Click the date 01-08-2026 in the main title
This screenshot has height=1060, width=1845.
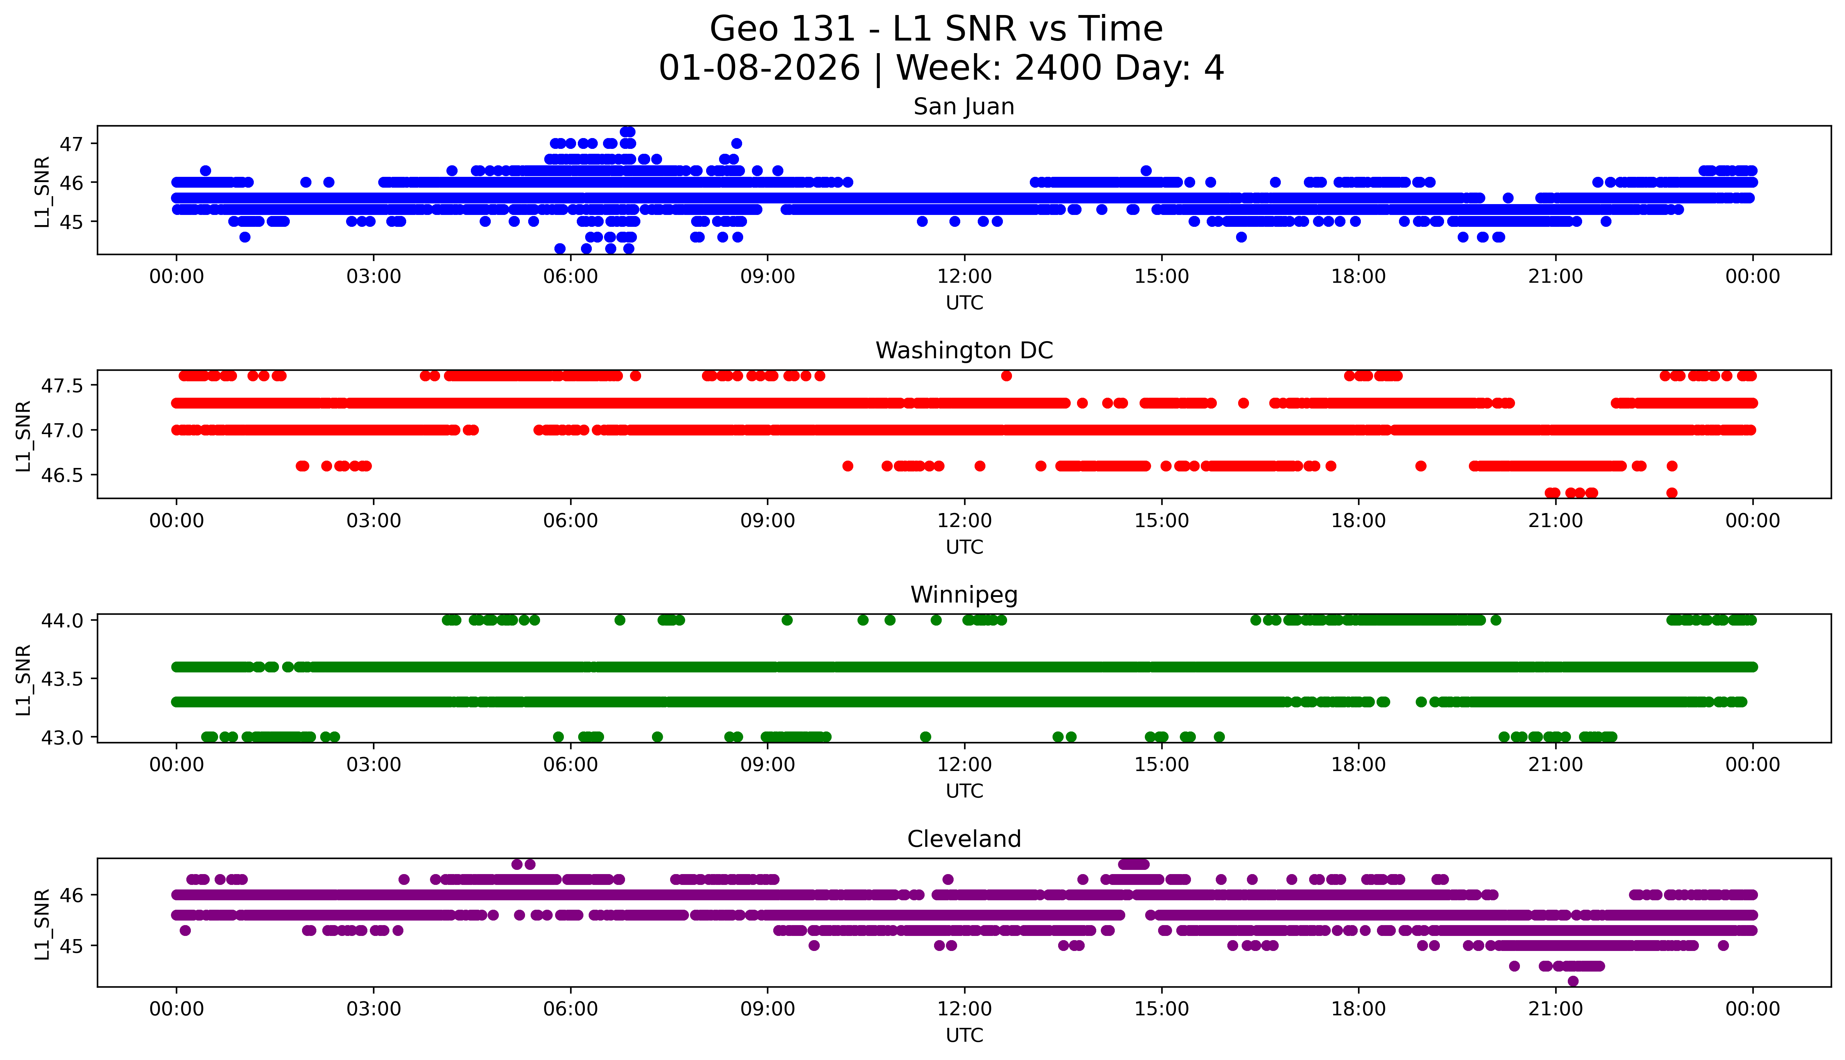759,68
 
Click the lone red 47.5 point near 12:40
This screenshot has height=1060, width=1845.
1006,376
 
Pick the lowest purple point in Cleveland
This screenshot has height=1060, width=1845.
1573,981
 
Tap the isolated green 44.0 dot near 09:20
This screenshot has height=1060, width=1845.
787,620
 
